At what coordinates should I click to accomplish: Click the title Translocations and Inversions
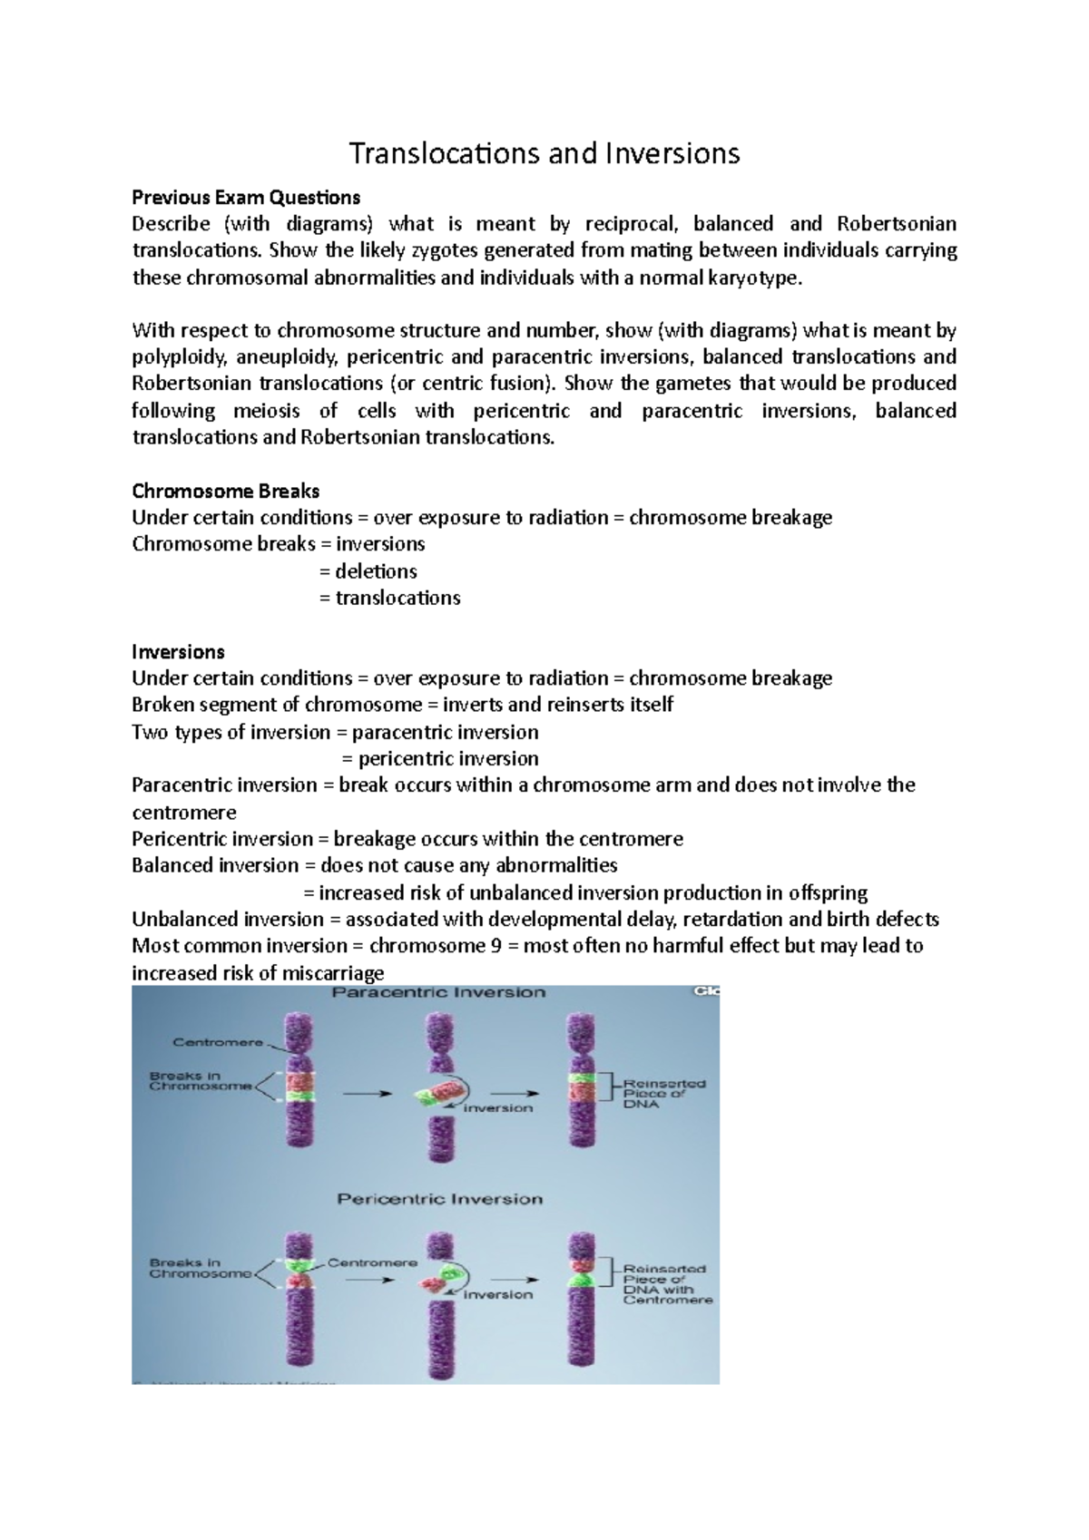point(544,153)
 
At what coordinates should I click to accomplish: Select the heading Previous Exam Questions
point(246,198)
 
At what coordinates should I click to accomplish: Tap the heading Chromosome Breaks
point(226,491)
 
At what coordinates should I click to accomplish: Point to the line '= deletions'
point(368,571)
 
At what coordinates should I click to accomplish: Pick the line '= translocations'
point(390,598)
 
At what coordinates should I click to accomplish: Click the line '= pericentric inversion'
point(440,758)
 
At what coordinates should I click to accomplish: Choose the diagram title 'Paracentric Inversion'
point(438,992)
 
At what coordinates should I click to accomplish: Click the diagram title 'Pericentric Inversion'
point(440,1199)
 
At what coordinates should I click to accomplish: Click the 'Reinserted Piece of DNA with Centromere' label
point(668,1284)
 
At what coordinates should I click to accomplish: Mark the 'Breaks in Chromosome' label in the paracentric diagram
point(201,1081)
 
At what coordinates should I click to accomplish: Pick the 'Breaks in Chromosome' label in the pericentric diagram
point(201,1268)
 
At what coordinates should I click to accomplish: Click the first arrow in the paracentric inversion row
point(368,1094)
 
